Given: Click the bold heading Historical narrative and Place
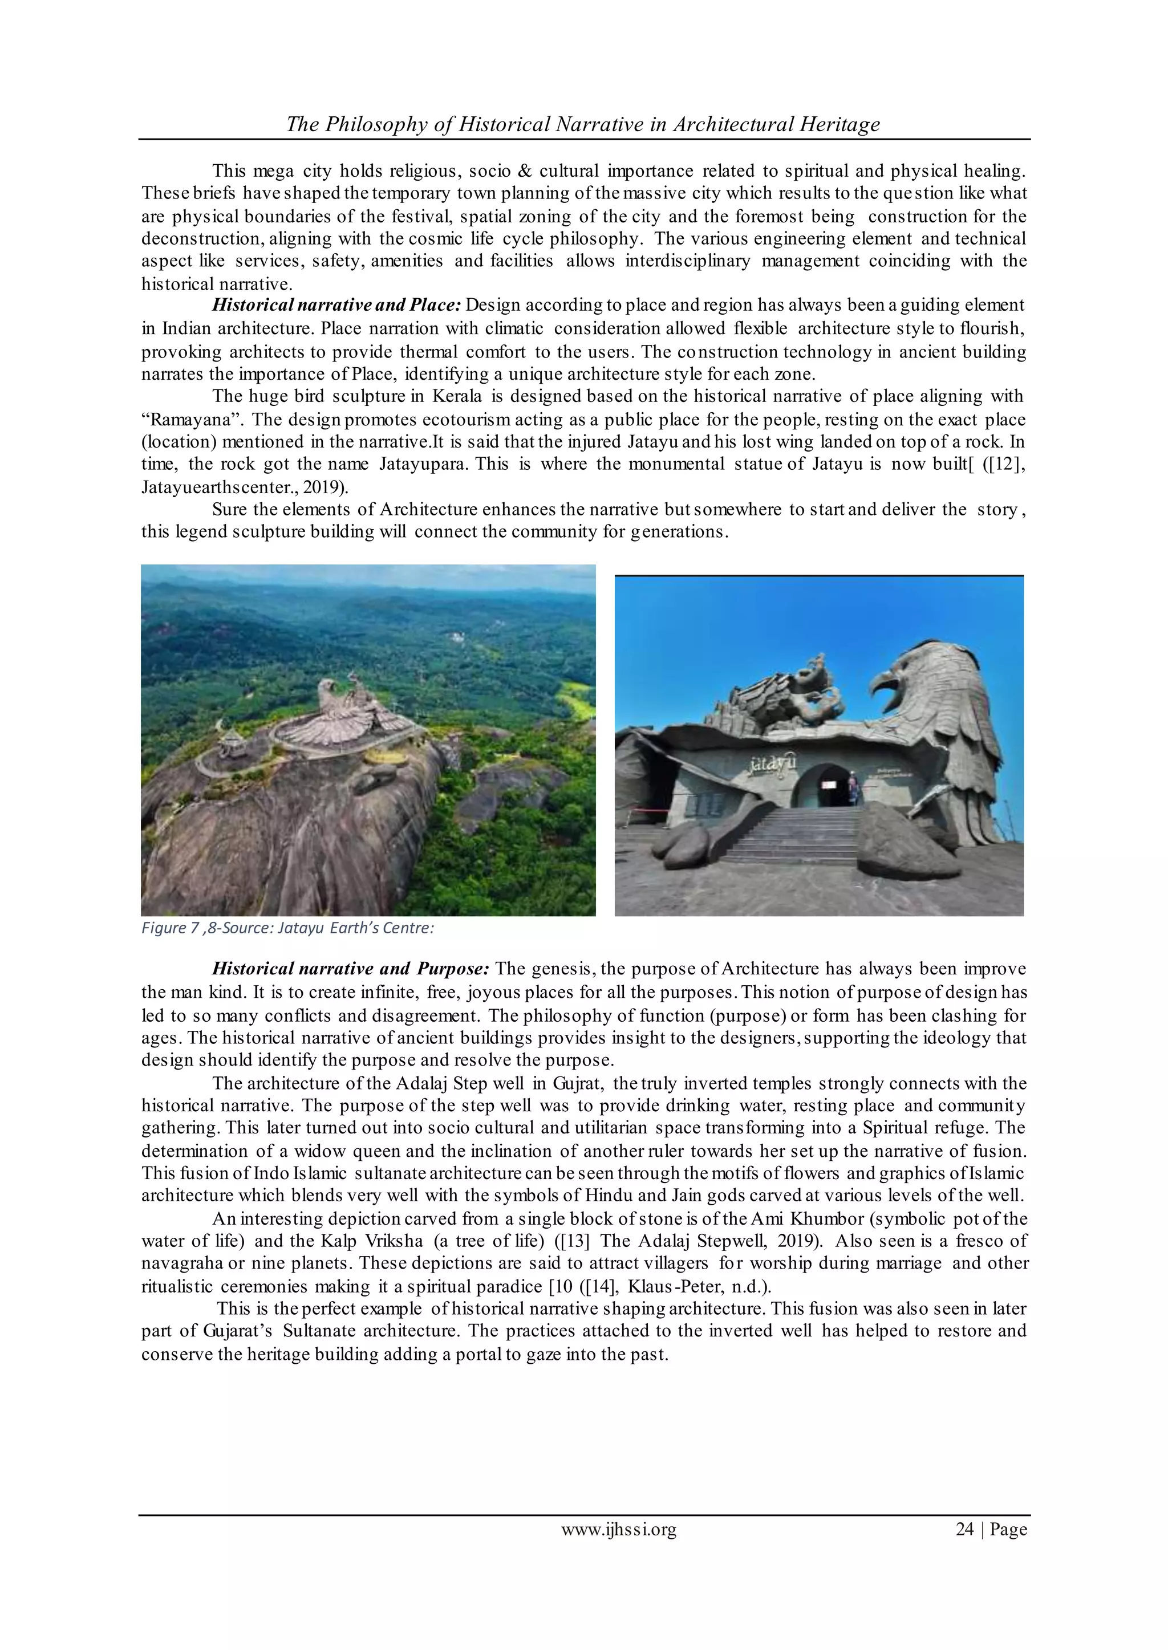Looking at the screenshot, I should pyautogui.click(x=336, y=305).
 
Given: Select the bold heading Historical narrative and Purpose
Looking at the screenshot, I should pyautogui.click(x=350, y=969).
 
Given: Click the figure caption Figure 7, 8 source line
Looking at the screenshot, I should pyautogui.click(x=287, y=928).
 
